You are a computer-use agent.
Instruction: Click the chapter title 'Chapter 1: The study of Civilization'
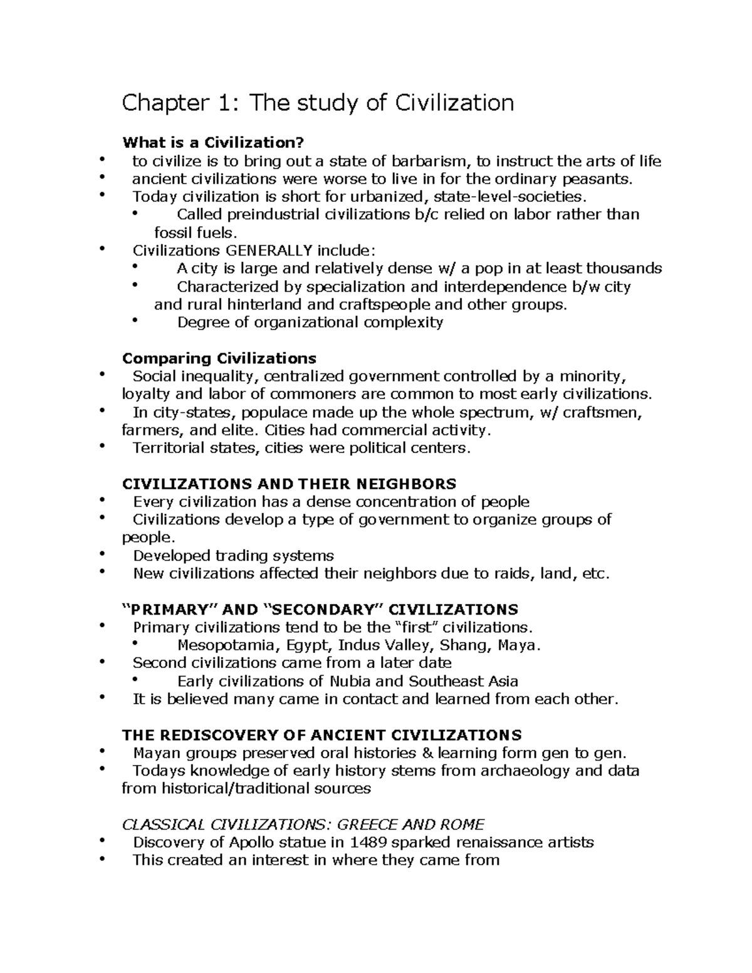[318, 103]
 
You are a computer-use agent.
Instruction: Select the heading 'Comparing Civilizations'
[219, 358]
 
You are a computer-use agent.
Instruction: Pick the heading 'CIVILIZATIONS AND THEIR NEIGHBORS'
[289, 484]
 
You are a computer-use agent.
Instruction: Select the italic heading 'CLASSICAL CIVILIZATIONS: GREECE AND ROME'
[303, 824]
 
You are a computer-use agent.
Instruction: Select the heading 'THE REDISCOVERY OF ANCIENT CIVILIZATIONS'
[321, 734]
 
